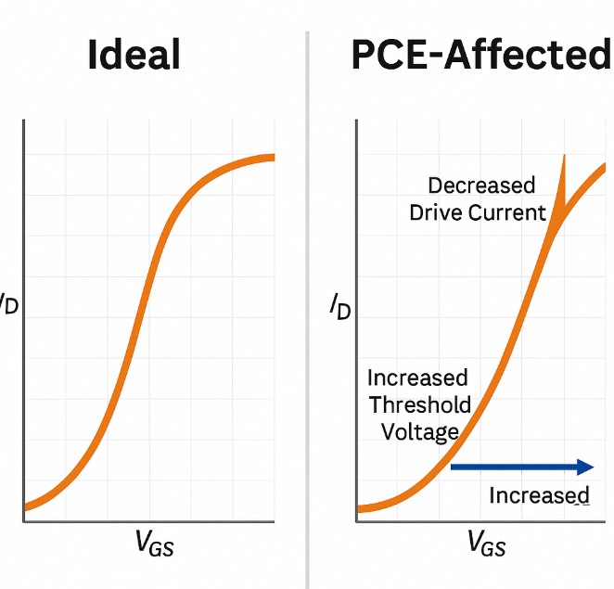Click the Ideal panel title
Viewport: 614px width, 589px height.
(134, 56)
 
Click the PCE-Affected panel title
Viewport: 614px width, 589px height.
(481, 56)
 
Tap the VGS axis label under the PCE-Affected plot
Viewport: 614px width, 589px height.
(486, 543)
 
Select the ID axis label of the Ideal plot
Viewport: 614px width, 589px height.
(7, 302)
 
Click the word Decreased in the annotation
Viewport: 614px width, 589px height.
(481, 186)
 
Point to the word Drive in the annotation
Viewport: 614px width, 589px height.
(436, 212)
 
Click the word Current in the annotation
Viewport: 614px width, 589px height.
(506, 212)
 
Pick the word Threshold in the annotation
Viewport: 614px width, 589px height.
(420, 405)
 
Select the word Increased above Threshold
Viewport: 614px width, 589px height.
(417, 378)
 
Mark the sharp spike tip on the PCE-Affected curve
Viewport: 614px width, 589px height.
(563, 156)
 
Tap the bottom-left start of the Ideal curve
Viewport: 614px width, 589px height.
(26, 506)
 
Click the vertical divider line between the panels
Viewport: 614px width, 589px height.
(307, 306)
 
